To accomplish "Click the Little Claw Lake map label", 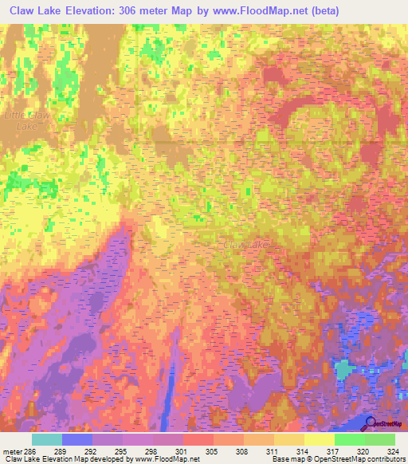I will coord(26,120).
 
